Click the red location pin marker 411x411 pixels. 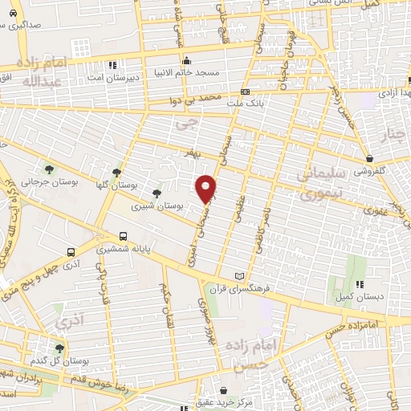206,188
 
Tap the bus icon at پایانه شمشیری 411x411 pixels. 123,236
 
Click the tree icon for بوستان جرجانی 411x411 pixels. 50,169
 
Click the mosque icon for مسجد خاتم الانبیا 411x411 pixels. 187,60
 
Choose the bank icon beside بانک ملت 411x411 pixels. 256,92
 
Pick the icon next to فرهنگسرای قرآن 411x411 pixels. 238,276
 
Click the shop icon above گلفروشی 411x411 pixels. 370,159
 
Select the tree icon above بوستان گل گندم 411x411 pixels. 59,348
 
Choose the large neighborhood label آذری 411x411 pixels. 67,323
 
